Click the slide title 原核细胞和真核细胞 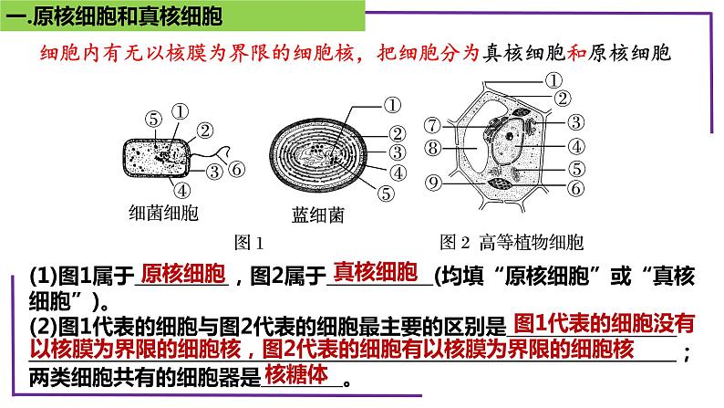129,16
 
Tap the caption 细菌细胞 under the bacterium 163,213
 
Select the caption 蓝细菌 318,214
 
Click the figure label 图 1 249,242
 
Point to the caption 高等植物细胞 532,242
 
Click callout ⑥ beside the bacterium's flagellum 237,169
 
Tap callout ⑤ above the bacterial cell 154,120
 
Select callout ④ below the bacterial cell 182,191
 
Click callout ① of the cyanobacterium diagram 392,105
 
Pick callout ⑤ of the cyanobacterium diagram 386,194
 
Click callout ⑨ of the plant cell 433,183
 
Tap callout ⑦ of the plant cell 432,125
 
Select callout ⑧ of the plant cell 432,148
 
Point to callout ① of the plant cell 553,80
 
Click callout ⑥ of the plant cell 575,188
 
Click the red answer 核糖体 296,374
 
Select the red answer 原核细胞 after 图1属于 183,274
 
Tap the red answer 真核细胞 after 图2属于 376,272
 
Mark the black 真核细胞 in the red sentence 524,53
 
